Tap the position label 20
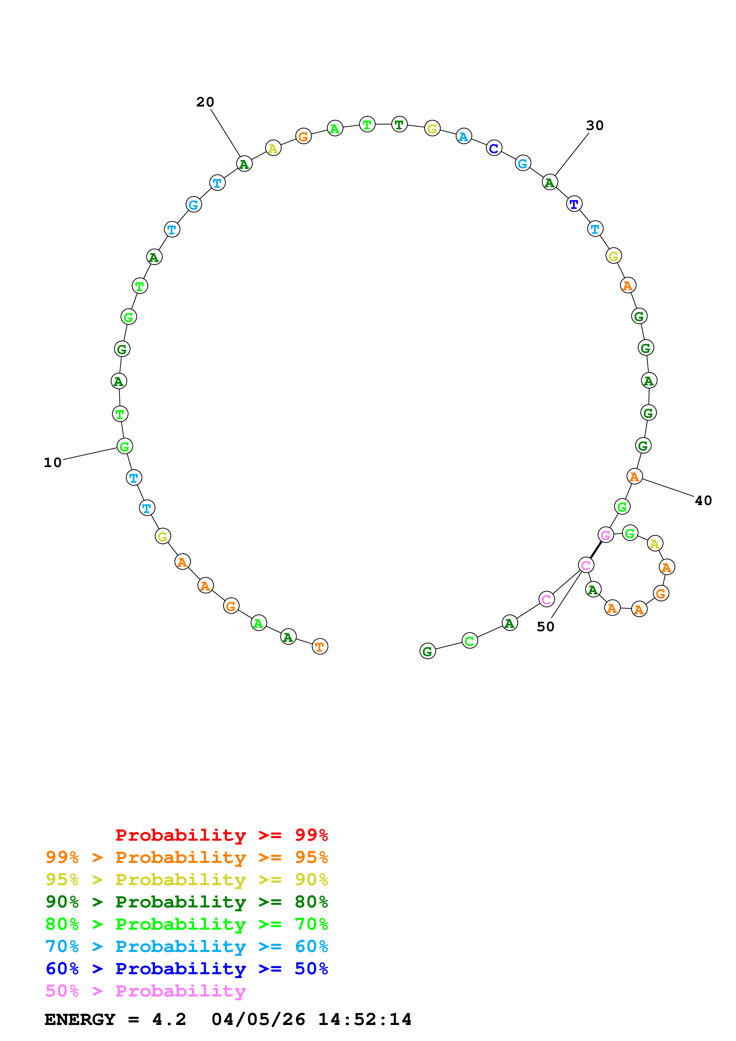point(205,102)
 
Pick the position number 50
point(545,627)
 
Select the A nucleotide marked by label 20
point(244,164)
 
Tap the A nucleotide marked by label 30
point(550,182)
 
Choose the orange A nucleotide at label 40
point(634,477)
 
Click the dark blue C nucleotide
point(494,148)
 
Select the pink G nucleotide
point(605,535)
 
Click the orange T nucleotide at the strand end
point(320,647)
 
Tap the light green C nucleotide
point(469,641)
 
